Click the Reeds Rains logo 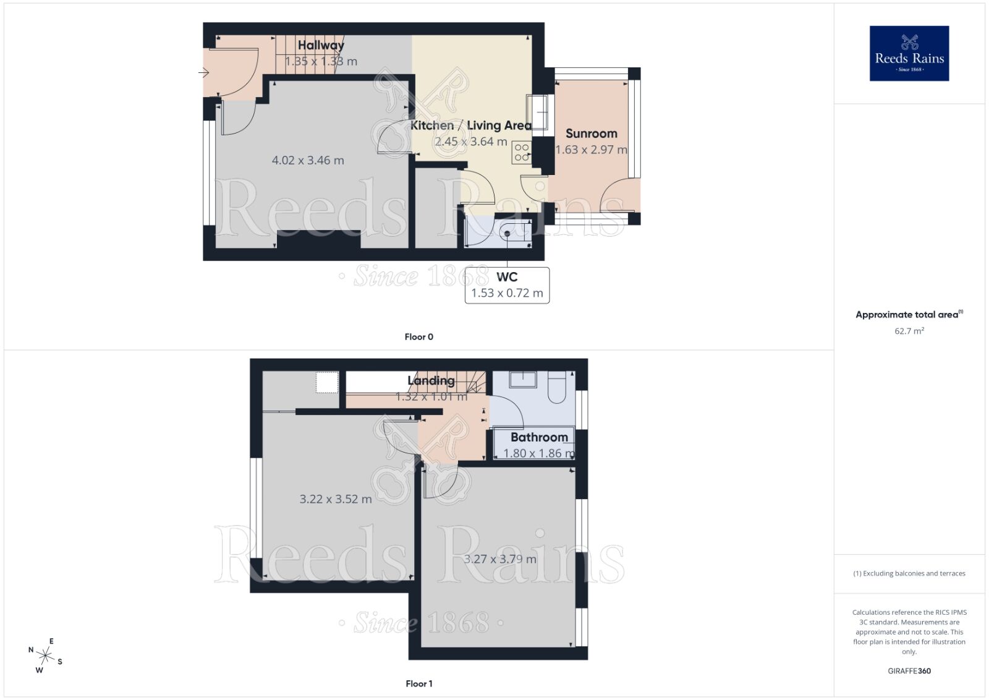[909, 53]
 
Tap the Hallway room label [321, 45]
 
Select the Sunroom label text [591, 134]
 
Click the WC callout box [507, 285]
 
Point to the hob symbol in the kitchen [522, 152]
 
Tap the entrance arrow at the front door [204, 73]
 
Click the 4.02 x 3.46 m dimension [308, 160]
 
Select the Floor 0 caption [418, 337]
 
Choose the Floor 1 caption [418, 683]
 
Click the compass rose [45, 655]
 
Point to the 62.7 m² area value [909, 331]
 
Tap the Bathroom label [539, 437]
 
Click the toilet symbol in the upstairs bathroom [557, 387]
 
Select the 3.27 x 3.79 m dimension [500, 559]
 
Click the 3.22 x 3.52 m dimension [336, 499]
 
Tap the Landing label [431, 381]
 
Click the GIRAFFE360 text [909, 671]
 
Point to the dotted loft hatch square [327, 382]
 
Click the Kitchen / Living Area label [470, 126]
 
